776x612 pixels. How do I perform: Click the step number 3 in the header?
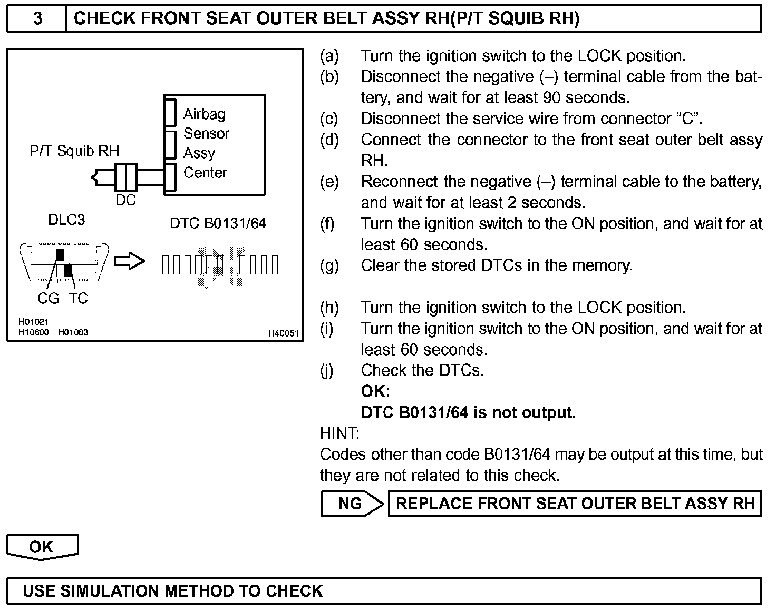click(37, 19)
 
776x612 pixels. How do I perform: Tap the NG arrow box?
click(352, 504)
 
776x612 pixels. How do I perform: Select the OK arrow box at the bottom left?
click(42, 547)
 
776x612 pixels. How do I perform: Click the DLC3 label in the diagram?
click(66, 220)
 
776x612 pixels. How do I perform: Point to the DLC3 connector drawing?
click(64, 262)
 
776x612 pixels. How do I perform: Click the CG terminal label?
click(48, 299)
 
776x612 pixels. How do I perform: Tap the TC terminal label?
click(78, 299)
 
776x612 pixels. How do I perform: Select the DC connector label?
click(125, 200)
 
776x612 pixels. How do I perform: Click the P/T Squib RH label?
click(74, 151)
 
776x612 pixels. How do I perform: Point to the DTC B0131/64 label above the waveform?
click(218, 223)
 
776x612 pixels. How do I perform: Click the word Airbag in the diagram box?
click(205, 114)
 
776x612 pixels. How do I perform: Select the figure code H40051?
click(283, 333)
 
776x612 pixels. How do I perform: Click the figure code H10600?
click(33, 332)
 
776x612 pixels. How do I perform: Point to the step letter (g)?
click(329, 265)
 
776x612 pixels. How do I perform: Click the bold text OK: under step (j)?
click(375, 391)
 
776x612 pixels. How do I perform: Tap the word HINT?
click(339, 433)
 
